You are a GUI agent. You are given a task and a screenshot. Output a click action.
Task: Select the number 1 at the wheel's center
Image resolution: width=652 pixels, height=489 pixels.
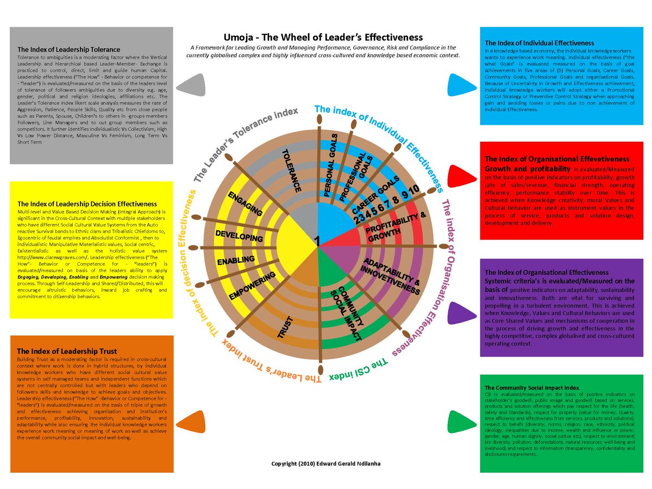point(317,240)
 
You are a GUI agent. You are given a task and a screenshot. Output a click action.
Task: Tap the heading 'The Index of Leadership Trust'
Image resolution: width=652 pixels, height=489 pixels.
point(67,351)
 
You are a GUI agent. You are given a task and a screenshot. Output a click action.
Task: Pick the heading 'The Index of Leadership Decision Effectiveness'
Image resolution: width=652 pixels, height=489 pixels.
point(87,204)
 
